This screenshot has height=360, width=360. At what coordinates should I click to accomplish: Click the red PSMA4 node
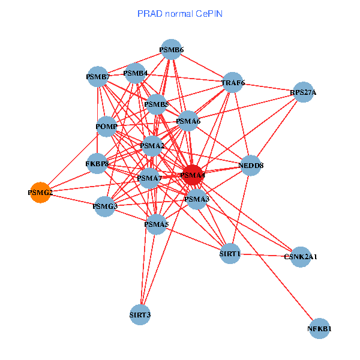(193, 175)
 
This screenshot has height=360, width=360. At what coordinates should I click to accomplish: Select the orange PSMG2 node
(40, 193)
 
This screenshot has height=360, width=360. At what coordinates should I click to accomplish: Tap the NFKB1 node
(320, 329)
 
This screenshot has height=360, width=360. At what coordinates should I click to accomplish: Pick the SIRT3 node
(140, 314)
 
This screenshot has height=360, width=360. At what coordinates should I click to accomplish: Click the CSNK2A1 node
(301, 257)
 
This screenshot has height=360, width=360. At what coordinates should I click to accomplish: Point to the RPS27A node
(303, 92)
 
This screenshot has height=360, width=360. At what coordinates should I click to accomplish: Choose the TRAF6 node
(233, 83)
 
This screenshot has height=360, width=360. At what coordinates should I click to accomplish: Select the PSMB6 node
(171, 49)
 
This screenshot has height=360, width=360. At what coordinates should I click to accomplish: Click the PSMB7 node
(98, 77)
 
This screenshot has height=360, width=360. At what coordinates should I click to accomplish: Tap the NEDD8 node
(251, 165)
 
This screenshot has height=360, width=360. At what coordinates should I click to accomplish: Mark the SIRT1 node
(230, 254)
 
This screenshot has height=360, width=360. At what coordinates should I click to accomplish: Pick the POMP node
(106, 127)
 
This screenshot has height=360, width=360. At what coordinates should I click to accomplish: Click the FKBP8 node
(97, 163)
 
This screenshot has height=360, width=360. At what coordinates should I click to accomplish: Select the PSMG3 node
(105, 206)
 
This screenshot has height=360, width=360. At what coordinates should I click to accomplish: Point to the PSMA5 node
(156, 224)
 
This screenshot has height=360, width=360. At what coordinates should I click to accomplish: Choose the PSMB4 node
(136, 74)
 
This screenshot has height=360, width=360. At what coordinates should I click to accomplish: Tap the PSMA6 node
(188, 121)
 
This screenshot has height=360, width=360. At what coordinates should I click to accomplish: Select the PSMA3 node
(197, 199)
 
